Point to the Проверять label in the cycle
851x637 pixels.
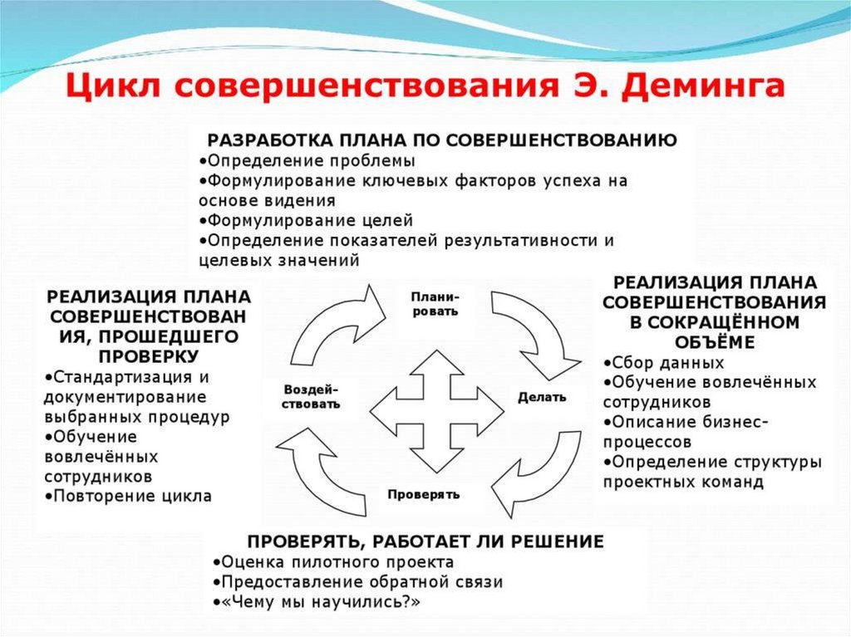[x=423, y=494]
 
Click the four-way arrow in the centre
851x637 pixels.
[x=436, y=407]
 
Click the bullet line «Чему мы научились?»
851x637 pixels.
[x=317, y=602]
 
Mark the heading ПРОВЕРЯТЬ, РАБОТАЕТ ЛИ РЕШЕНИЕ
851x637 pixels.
[x=425, y=541]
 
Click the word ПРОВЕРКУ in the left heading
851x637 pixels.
[x=149, y=355]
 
